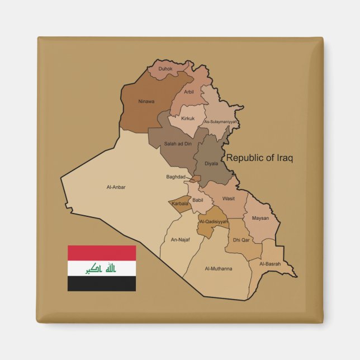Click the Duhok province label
click(165, 69)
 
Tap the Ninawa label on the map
click(146, 102)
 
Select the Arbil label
click(189, 92)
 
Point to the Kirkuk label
click(188, 119)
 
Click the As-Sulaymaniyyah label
click(221, 121)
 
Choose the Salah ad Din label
click(178, 144)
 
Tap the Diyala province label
click(211, 164)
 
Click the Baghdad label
click(176, 177)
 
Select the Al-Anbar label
click(116, 187)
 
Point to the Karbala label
click(181, 203)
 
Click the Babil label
click(198, 200)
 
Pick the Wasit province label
click(229, 198)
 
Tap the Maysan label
click(260, 218)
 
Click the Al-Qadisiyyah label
click(214, 221)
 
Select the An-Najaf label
click(181, 240)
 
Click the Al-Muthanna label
click(219, 269)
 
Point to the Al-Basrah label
click(270, 264)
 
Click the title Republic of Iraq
click(259, 158)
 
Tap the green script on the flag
click(101, 269)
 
